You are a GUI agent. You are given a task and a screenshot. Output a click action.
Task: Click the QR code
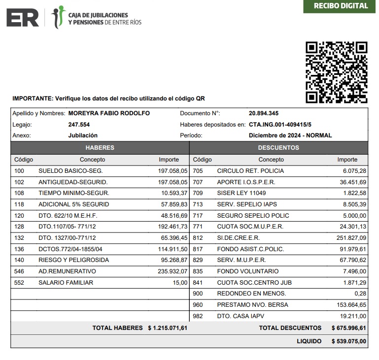337,72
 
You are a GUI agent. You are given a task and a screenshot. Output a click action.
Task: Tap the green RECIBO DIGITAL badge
341,6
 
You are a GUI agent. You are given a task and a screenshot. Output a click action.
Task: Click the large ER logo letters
22,18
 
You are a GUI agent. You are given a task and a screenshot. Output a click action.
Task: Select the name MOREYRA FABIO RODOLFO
109,113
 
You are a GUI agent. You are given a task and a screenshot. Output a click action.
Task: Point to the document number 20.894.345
264,113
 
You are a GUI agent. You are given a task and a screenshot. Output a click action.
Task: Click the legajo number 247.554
79,125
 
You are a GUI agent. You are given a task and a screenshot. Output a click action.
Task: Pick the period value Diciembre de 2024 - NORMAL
290,135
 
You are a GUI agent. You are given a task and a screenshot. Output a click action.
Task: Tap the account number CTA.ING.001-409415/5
280,125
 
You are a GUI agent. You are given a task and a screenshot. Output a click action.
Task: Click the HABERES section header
100,148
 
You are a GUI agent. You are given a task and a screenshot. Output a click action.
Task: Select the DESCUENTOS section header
278,148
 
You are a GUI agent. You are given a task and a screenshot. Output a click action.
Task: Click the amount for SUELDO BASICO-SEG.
173,171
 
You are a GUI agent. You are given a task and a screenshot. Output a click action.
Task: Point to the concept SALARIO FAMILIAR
66,283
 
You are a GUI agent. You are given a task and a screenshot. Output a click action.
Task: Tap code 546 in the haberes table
19,271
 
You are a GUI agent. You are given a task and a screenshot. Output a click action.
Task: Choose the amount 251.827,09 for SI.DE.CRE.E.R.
351,238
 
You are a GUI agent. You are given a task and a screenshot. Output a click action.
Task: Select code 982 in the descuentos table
198,316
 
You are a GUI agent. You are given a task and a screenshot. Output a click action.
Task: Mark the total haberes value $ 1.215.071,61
168,328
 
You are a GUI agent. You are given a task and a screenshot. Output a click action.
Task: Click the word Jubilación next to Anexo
83,135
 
